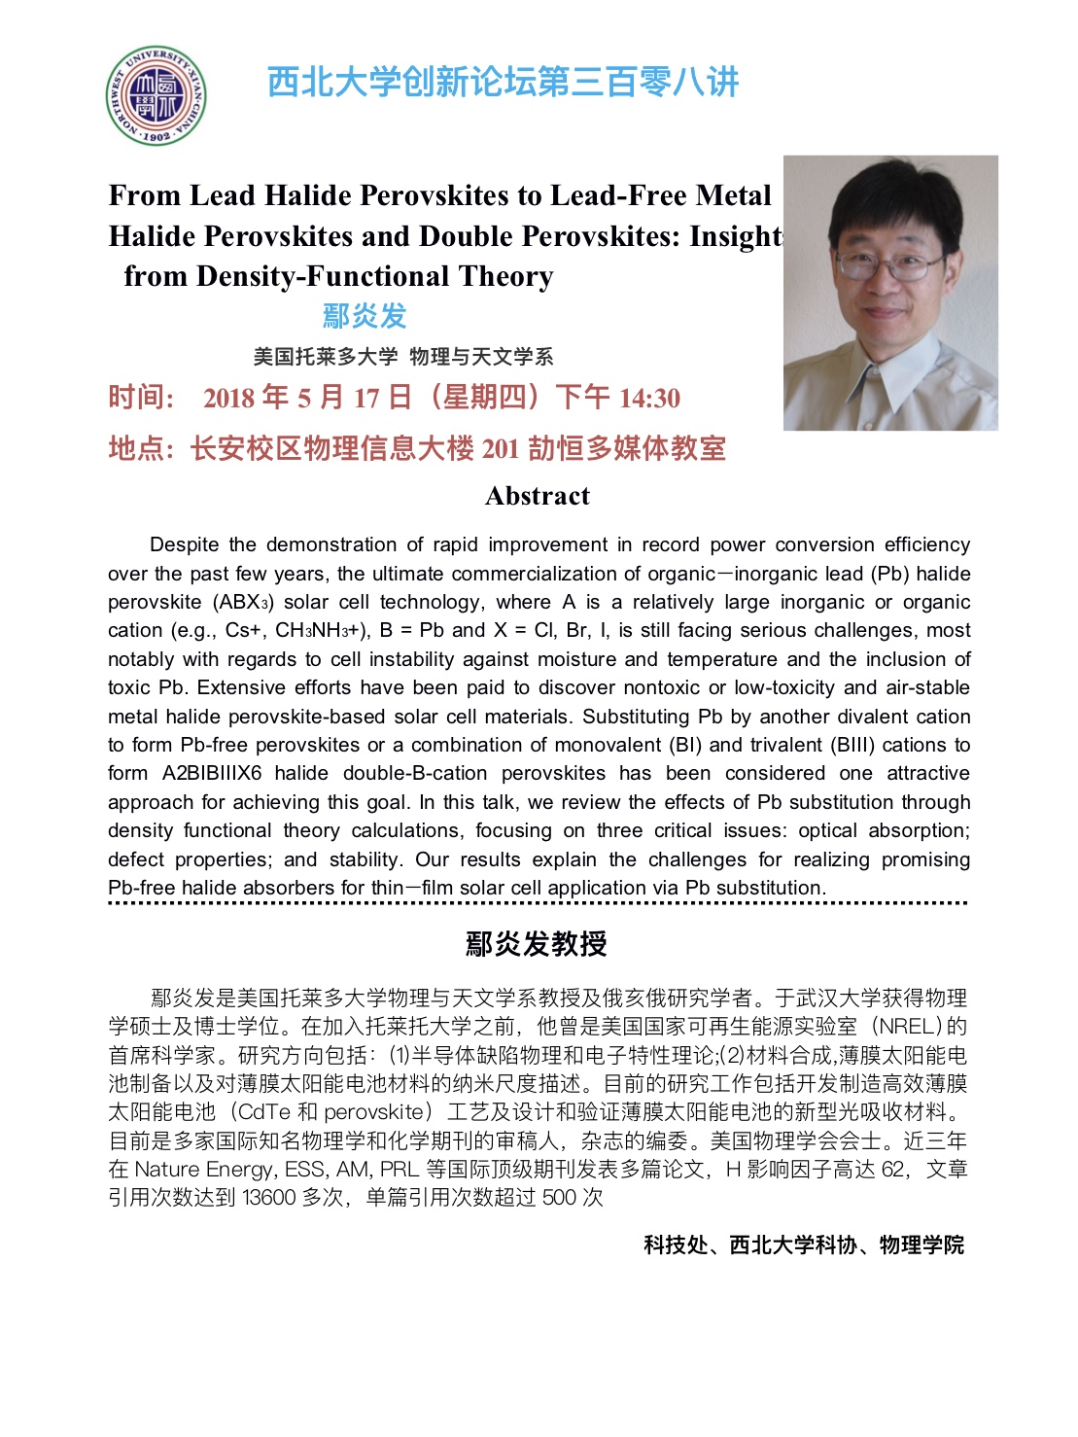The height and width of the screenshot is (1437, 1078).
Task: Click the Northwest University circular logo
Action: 156,96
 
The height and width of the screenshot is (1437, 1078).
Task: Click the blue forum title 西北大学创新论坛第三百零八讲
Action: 503,82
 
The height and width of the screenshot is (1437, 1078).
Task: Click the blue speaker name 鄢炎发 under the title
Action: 365,316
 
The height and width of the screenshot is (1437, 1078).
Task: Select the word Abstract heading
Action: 538,496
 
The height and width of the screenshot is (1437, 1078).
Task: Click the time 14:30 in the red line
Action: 649,398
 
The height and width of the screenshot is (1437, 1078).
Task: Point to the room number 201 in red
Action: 501,448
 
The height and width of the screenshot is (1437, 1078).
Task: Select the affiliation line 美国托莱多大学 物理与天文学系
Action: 403,357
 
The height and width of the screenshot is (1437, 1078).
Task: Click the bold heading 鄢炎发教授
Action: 537,943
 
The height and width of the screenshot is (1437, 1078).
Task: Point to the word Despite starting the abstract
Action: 185,544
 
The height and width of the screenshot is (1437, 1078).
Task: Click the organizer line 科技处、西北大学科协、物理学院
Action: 804,1245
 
